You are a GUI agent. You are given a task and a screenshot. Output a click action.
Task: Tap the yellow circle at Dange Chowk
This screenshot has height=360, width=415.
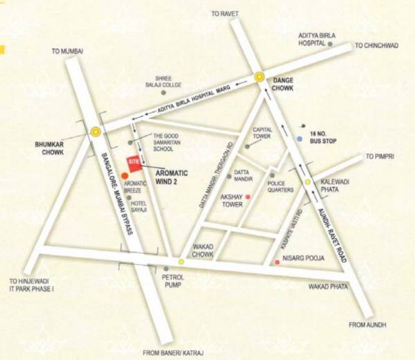[x=259, y=78]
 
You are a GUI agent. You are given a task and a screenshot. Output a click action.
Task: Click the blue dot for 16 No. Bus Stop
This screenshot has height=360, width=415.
[x=299, y=139]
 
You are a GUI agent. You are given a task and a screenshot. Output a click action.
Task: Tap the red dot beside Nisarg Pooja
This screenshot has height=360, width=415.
[x=277, y=262]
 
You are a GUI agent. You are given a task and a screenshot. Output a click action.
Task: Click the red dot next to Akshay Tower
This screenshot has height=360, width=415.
[x=248, y=197]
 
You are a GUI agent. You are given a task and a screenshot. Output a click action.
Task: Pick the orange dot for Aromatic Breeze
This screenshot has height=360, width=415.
[x=124, y=176]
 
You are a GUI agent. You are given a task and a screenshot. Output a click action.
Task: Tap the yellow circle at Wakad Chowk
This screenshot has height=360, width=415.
[x=181, y=262]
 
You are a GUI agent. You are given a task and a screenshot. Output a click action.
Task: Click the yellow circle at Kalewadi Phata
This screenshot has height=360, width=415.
[x=308, y=182]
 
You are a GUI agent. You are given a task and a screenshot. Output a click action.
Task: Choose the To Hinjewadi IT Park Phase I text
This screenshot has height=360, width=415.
[x=31, y=284]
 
